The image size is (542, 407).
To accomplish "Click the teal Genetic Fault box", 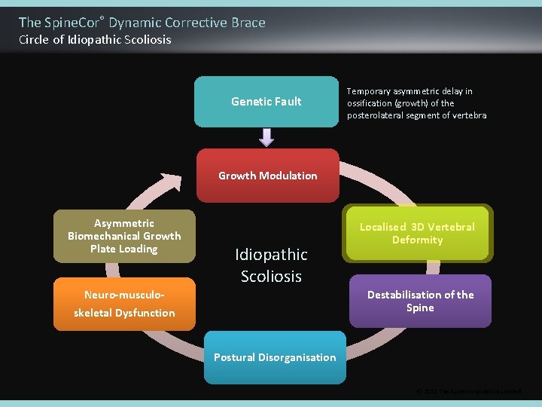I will tap(266, 101).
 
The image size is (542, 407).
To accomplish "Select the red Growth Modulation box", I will tap(267, 176).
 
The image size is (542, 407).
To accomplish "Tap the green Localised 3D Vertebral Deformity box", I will tap(417, 234).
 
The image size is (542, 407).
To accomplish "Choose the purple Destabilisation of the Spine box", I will tap(420, 301).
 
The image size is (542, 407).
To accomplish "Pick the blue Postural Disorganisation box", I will tap(275, 357).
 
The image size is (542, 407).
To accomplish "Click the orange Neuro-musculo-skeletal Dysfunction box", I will tap(124, 304).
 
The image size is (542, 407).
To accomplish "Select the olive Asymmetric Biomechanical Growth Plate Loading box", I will tap(124, 236).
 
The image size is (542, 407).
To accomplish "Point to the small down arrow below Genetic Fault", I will tap(266, 137).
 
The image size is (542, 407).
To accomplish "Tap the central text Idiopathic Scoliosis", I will tap(271, 265).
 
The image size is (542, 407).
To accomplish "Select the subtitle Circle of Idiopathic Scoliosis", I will tap(95, 40).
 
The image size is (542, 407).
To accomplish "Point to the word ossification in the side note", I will tap(370, 103).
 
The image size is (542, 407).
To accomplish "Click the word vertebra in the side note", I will tap(470, 115).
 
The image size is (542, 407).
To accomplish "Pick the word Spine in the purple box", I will tap(420, 308).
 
